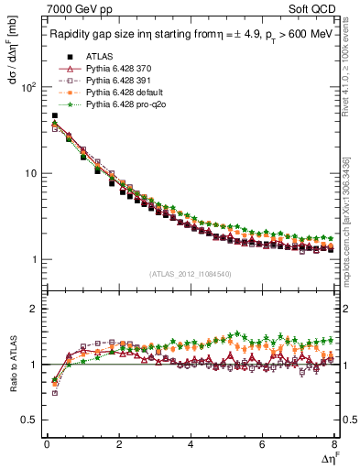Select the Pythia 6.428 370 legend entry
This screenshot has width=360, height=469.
tap(114, 69)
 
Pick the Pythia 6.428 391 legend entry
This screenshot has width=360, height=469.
tap(114, 81)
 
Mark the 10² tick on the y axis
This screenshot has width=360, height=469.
tap(27, 87)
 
